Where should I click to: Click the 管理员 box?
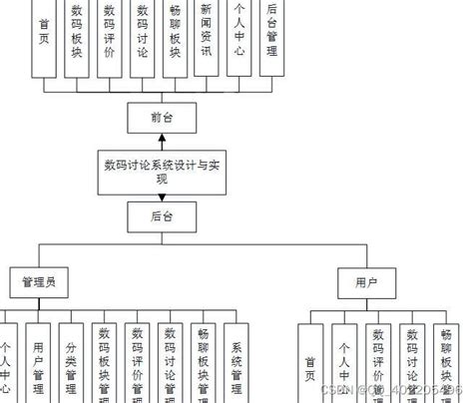39,283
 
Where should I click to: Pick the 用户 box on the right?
366,283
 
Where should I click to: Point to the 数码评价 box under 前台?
109,36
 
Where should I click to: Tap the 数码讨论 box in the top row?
141,36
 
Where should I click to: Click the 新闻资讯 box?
205,36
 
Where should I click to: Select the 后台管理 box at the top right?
269,36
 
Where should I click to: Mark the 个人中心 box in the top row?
237,36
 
